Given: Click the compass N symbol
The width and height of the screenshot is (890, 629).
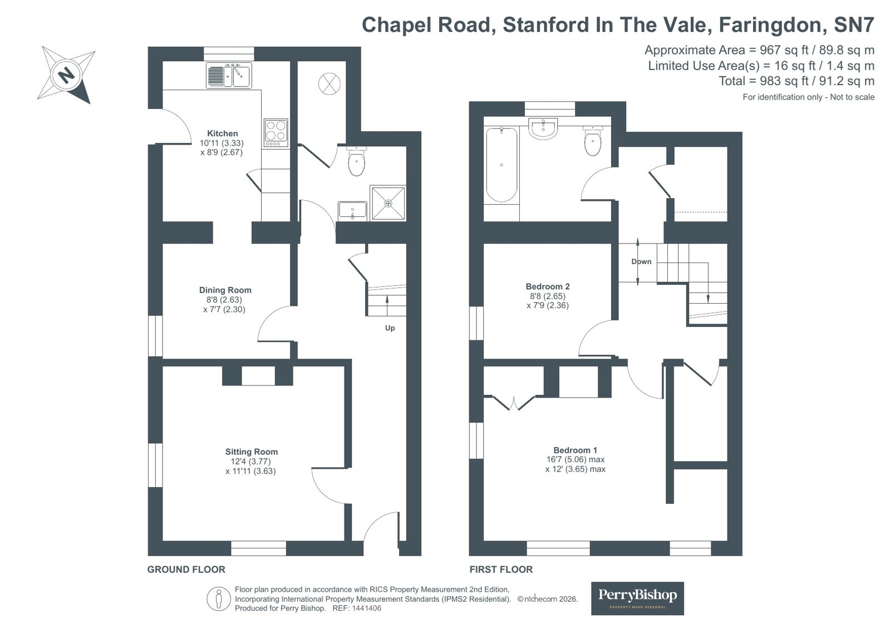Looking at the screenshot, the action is [66, 75].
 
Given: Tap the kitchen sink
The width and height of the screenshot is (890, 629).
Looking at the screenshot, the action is [229, 75].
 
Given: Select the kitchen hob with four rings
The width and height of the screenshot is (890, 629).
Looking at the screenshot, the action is [276, 132].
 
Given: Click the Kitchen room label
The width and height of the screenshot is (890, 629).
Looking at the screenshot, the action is [223, 133].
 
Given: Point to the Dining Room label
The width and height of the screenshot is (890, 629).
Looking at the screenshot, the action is [225, 290].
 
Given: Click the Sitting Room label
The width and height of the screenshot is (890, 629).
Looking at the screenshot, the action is [252, 452].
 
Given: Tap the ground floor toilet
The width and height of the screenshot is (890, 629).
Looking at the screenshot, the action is [356, 161].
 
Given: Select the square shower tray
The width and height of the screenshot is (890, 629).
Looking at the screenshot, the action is [388, 203].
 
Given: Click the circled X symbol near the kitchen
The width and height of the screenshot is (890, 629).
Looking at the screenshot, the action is [330, 84].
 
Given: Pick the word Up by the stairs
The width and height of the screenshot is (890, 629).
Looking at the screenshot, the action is [390, 328].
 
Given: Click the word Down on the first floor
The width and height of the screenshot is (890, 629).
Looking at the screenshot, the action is [641, 261].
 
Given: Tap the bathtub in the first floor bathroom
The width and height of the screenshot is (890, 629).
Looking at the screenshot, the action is [501, 165].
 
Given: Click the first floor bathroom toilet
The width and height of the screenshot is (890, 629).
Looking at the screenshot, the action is [593, 141].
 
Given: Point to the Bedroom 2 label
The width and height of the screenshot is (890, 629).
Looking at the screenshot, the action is [548, 286].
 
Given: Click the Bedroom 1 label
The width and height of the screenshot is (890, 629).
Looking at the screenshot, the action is [576, 450].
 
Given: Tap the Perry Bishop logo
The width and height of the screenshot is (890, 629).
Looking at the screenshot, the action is [637, 598].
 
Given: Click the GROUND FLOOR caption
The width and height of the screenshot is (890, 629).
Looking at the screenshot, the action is [186, 569].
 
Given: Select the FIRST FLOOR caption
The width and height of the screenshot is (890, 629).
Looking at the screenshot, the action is [501, 569].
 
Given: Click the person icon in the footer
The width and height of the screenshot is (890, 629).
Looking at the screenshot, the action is [219, 599].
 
